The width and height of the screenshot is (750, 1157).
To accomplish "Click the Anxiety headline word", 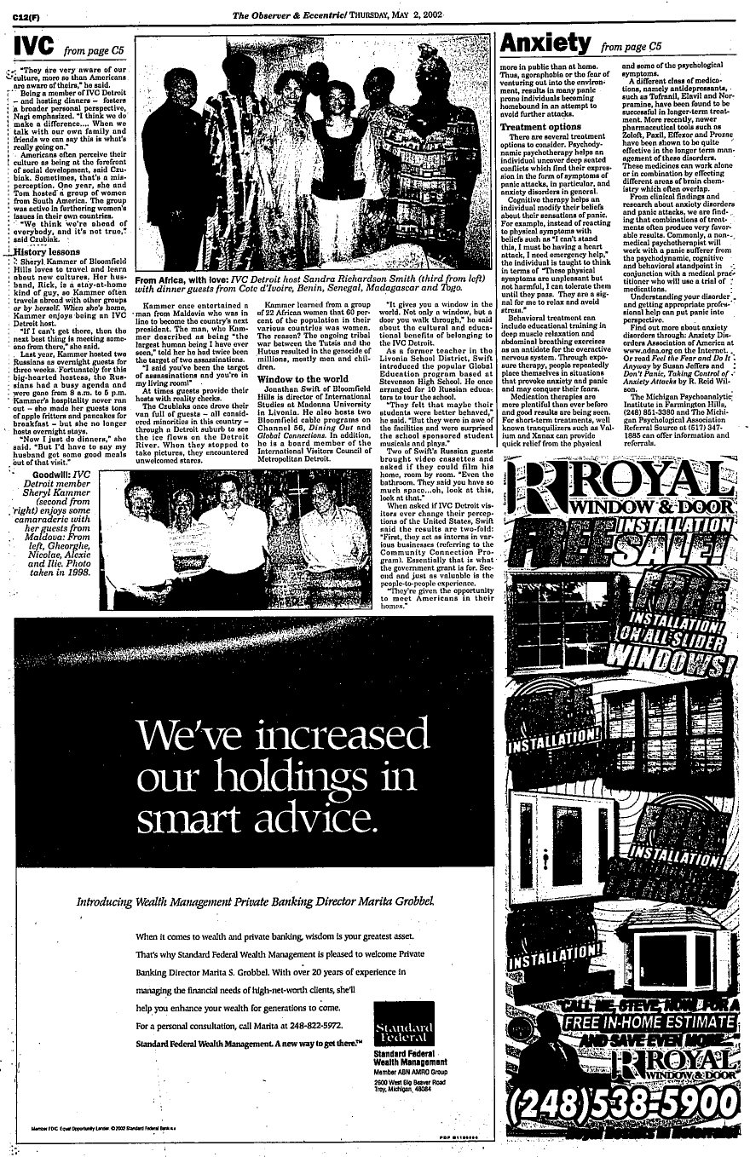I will (545, 42).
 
